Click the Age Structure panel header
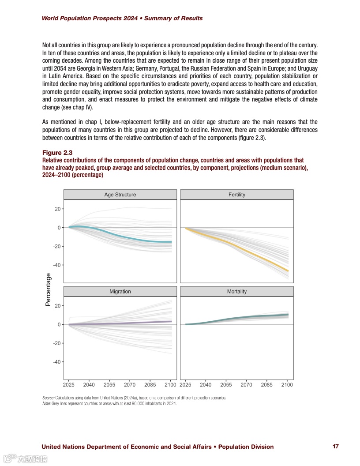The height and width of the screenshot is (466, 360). click(x=120, y=195)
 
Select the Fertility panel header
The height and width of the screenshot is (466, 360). click(x=237, y=195)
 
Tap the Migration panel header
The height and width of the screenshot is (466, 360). click(x=120, y=292)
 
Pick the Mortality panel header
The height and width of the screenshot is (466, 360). click(x=237, y=292)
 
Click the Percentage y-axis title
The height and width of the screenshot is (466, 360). click(x=49, y=289)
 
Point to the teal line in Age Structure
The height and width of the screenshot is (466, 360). click(x=128, y=237)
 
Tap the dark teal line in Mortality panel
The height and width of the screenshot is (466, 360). click(x=247, y=318)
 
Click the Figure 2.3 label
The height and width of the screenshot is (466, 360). click(x=57, y=153)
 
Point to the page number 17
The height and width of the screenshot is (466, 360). click(x=336, y=447)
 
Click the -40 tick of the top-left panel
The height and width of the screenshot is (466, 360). click(x=57, y=265)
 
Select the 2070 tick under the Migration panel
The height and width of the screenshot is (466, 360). click(x=130, y=385)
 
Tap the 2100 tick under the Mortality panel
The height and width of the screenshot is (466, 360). click(x=287, y=385)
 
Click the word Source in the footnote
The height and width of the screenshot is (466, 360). click(x=48, y=398)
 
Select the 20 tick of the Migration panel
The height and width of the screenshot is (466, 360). click(x=58, y=306)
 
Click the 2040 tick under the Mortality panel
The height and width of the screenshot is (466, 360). click(x=206, y=385)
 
